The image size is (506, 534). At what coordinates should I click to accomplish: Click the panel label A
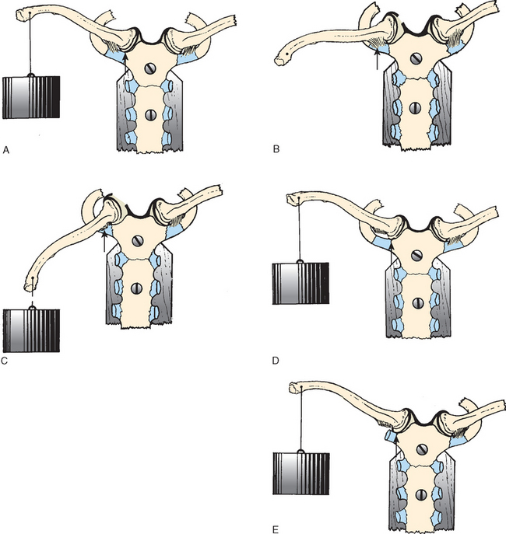coord(5,150)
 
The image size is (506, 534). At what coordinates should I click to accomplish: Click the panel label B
coord(276,148)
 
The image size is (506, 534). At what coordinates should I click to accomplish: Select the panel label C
coord(5,361)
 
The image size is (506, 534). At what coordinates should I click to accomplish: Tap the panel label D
coord(276,361)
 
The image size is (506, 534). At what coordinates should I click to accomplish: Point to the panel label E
coord(276,529)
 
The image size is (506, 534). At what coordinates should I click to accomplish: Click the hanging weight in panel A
coord(31,97)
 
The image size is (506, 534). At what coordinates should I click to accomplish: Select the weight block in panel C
coord(31,330)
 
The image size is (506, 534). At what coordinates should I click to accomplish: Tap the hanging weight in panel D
coord(300,284)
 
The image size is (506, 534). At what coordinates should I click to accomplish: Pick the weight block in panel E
coord(301,473)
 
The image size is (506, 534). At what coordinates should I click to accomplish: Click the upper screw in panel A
coord(150,69)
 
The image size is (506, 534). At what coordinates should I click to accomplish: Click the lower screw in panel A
coord(150,115)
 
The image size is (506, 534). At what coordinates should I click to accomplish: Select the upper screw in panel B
coord(416,59)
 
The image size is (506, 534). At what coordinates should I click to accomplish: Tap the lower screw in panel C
coord(137,288)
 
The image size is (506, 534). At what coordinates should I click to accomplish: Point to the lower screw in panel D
coord(418,302)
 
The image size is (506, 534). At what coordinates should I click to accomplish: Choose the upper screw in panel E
coord(421,449)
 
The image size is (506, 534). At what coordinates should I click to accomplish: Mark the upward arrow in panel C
coord(104,241)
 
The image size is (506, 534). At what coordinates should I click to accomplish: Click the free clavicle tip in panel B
coord(279,61)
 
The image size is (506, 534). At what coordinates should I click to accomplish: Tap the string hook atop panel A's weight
coord(30,75)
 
